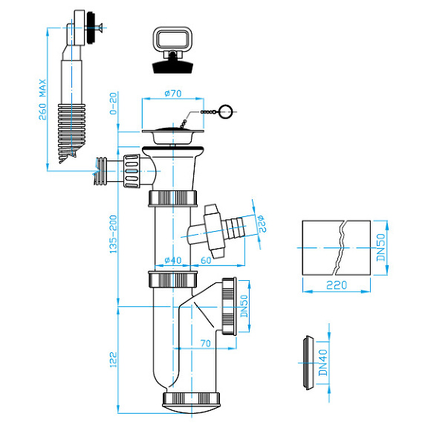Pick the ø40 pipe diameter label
click(x=172, y=261)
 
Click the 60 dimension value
click(x=206, y=261)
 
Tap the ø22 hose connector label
click(x=261, y=222)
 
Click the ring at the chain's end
click(x=226, y=112)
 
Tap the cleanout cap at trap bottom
click(x=193, y=400)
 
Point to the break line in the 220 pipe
click(x=340, y=246)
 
